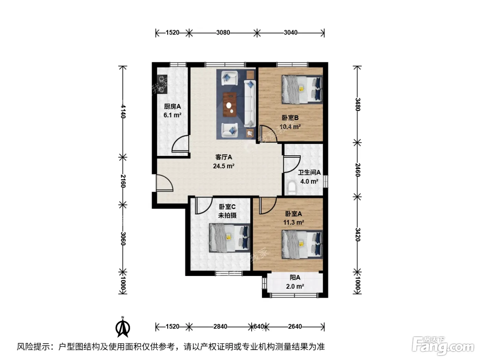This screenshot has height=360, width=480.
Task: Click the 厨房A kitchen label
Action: [172, 107]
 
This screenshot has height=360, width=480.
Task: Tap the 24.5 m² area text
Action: [224, 166]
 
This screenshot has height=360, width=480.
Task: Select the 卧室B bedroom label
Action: [290, 118]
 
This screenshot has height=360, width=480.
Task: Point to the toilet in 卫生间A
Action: [292, 188]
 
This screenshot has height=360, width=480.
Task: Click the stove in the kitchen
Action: [162, 84]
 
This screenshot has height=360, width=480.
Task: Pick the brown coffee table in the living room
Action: [230, 105]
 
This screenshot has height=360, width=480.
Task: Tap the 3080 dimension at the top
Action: [223, 33]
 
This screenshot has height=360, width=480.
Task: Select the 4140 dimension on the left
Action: [123, 111]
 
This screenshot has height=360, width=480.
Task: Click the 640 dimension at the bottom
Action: [259, 326]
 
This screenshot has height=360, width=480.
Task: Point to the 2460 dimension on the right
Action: [357, 170]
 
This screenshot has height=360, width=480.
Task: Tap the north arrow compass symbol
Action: [123, 327]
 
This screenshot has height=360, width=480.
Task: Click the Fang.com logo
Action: [443, 346]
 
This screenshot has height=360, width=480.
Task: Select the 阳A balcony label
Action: [295, 278]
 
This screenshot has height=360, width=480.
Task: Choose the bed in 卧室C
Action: [229, 238]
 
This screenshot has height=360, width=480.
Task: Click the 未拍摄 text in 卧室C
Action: [227, 216]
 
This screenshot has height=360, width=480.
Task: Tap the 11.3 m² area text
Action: [293, 223]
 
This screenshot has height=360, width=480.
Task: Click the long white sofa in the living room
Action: [250, 104]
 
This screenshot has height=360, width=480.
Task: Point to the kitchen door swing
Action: [180, 144]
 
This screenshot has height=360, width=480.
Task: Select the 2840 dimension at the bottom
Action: [220, 326]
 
